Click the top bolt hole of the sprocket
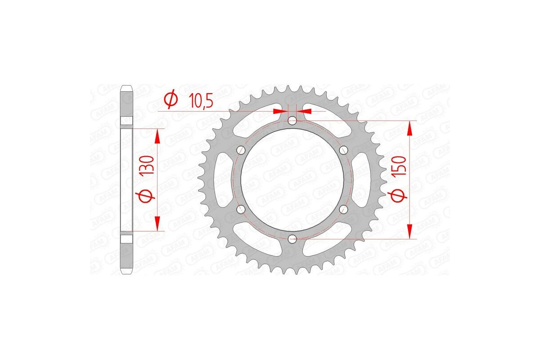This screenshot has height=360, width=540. [x=292, y=120]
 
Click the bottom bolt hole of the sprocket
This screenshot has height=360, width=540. [x=292, y=238]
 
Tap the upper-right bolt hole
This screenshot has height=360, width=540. [x=344, y=150]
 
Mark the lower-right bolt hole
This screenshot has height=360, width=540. [x=344, y=209]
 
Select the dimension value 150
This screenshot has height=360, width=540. [x=402, y=167]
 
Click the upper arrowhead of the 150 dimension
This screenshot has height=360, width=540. [x=409, y=128]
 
